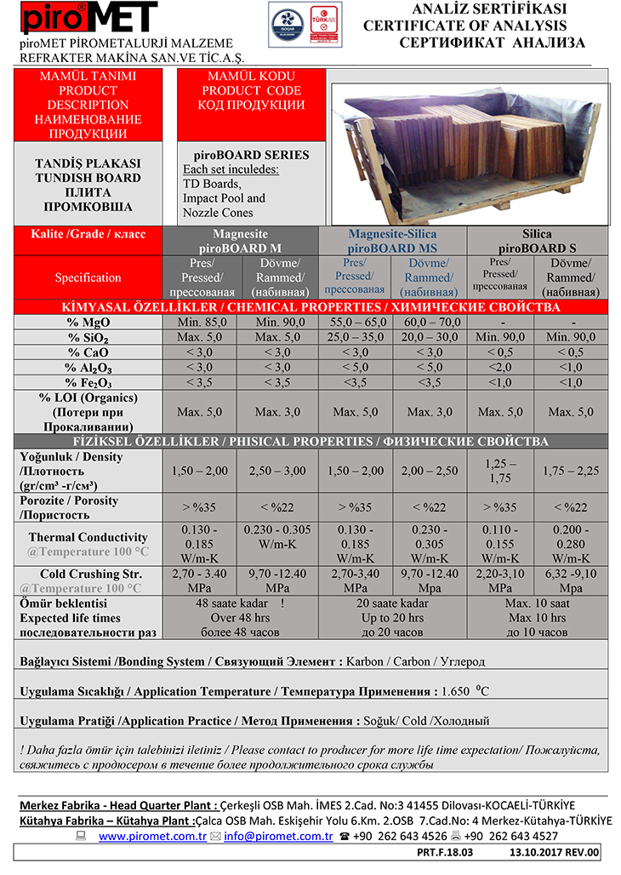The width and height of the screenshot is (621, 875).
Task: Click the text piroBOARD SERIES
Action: coord(246,155)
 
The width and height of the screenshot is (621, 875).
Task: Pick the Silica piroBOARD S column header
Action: coord(537,240)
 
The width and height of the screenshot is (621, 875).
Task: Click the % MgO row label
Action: coord(88,322)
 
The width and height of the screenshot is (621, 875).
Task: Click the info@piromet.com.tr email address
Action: coord(277,836)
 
